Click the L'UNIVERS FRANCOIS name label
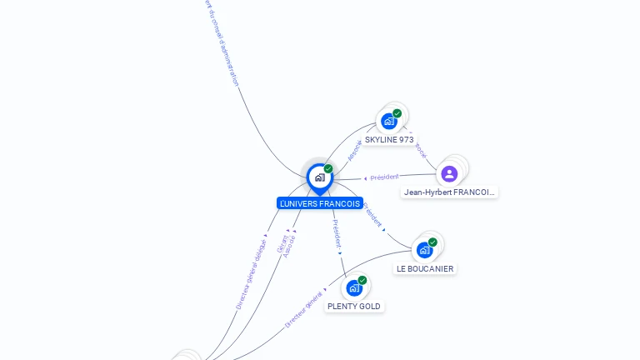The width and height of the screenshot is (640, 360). [x=320, y=203]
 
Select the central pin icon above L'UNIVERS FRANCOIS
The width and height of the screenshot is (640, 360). [x=319, y=177]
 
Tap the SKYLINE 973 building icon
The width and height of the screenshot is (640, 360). [x=388, y=122]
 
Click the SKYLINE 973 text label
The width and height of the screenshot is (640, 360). [x=389, y=140]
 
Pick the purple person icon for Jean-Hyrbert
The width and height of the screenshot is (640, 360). [x=449, y=173]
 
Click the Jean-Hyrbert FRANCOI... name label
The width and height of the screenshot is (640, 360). [x=449, y=192]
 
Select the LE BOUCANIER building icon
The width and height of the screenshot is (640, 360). [x=424, y=250]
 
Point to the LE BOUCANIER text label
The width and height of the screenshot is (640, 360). [x=425, y=269]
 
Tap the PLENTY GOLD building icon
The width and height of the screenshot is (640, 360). [x=354, y=288]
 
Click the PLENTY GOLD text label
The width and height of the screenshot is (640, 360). [x=354, y=307]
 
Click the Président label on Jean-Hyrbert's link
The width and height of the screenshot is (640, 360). [x=384, y=177]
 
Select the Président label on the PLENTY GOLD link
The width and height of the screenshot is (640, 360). [x=336, y=232]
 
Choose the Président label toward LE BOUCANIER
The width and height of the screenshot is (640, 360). [x=372, y=214]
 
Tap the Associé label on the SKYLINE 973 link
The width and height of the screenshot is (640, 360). [x=354, y=149]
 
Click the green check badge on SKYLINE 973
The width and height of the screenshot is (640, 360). [x=397, y=113]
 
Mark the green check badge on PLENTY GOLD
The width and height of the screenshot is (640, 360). [x=362, y=280]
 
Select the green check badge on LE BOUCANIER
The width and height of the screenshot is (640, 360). [x=432, y=242]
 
